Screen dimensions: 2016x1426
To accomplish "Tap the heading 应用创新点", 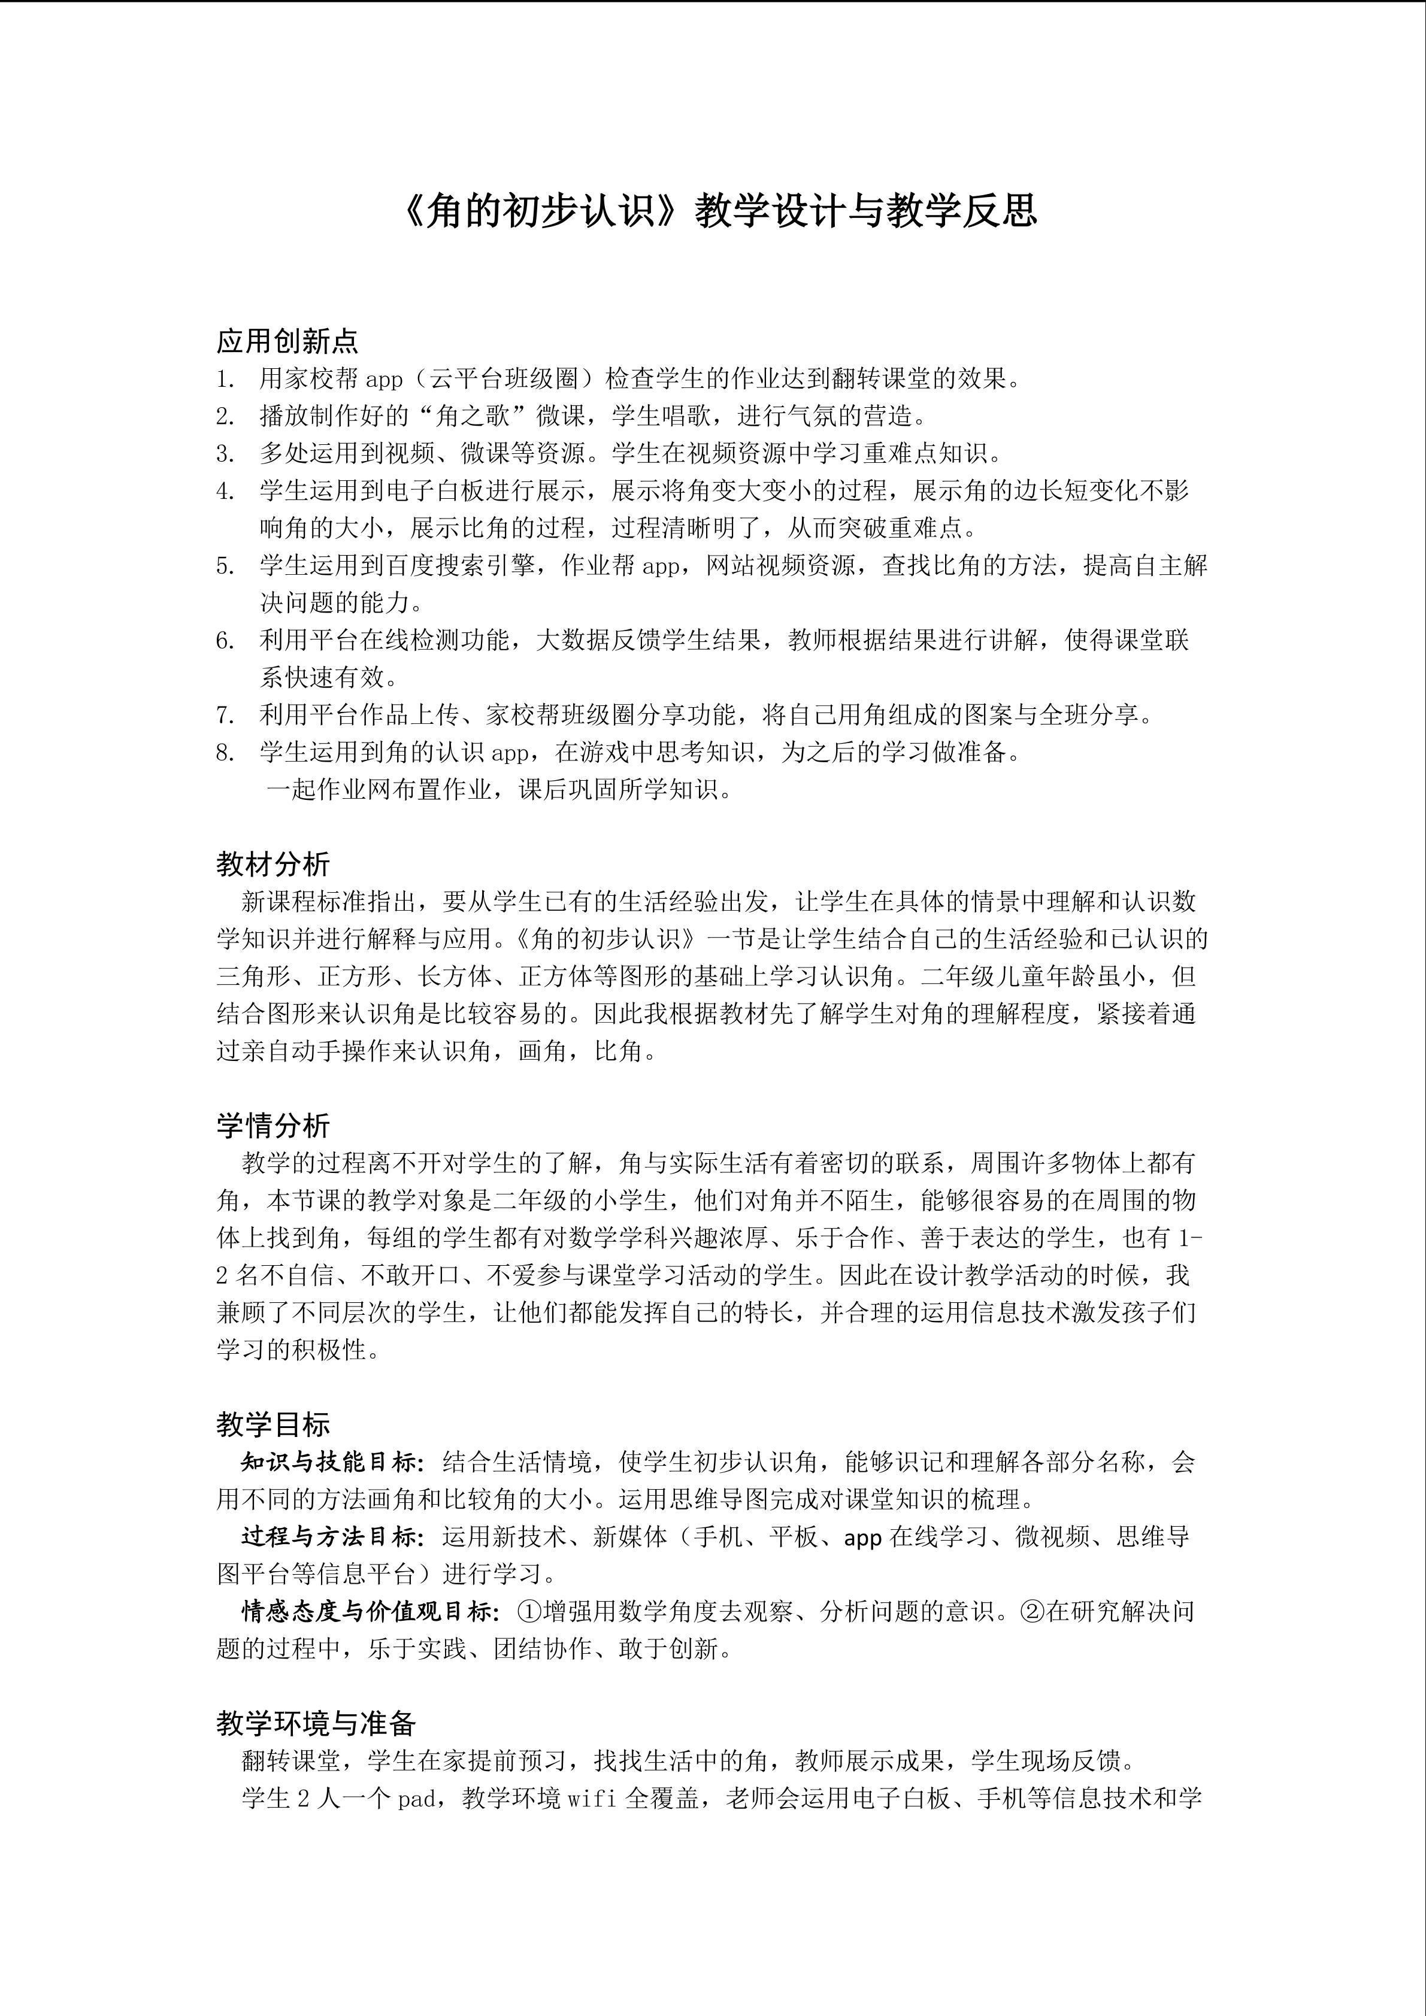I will click(287, 341).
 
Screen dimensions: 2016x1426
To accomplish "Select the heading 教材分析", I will click(273, 864).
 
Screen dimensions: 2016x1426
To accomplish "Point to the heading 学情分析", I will click(273, 1126).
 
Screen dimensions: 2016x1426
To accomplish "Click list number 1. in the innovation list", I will click(226, 380).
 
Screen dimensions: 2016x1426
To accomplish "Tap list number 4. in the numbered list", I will click(226, 491).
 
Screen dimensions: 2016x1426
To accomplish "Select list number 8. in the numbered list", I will click(226, 753).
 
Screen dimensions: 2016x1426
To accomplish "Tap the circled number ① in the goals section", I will click(529, 1611).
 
